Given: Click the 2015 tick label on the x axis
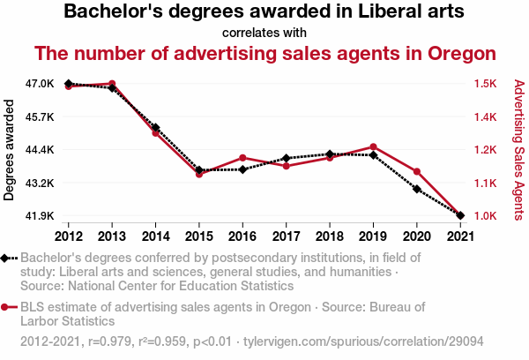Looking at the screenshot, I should (199, 236).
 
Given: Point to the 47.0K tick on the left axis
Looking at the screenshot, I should (40, 84).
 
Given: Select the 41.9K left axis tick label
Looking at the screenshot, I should (40, 215).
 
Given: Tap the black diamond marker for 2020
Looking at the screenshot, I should (416, 189).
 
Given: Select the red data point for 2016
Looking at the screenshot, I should (242, 158).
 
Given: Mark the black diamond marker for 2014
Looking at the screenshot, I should (156, 128).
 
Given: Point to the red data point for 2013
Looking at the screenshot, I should (113, 84).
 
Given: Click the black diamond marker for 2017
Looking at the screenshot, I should (287, 158).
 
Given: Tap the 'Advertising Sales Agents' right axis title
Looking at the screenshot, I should (518, 150).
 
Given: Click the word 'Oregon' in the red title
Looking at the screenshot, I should (455, 53).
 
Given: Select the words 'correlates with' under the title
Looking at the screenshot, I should (264, 34).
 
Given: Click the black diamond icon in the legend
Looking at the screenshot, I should (8, 258).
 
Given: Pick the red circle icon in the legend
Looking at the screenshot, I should (8, 307).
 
